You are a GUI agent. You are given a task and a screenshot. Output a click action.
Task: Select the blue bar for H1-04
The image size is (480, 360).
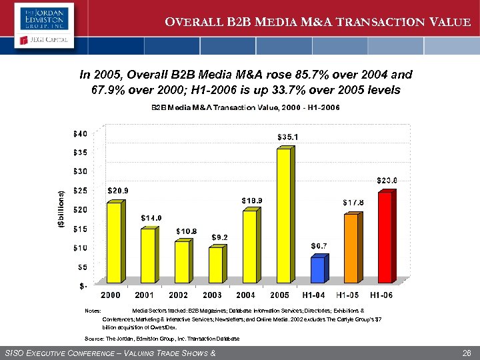pyautogui.click(x=317, y=269)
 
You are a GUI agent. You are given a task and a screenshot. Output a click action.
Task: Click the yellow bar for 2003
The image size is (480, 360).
pyautogui.click(x=215, y=265)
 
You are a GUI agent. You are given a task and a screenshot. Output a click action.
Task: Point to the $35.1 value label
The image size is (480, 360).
pyautogui.click(x=287, y=137)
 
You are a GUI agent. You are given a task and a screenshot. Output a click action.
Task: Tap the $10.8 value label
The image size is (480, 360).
pyautogui.click(x=186, y=231)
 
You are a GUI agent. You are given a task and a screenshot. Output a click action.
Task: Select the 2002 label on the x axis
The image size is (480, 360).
pyautogui.click(x=179, y=294)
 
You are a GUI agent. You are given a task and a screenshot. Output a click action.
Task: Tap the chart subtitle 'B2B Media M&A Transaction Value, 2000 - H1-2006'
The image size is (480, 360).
pyautogui.click(x=245, y=108)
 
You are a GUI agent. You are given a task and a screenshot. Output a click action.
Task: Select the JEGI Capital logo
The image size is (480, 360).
pyautogui.click(x=41, y=45)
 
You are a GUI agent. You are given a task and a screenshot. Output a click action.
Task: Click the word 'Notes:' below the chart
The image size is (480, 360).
pyautogui.click(x=93, y=311)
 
